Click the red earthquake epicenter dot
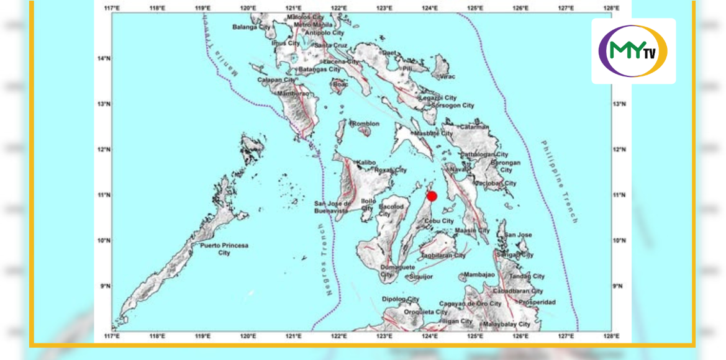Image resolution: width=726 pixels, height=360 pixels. [x=432, y=196]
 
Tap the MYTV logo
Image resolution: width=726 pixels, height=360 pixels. [x=633, y=51]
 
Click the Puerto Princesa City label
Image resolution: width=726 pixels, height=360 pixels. [x=224, y=249]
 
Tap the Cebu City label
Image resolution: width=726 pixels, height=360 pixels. [x=439, y=221]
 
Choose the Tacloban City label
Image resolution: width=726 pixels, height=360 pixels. [x=496, y=184]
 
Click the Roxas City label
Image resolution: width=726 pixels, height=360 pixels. [x=391, y=170]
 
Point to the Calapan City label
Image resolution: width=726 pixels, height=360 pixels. [x=277, y=80]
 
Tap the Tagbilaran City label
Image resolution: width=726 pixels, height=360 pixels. [x=443, y=256]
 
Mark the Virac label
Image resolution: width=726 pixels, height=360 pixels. [x=447, y=76]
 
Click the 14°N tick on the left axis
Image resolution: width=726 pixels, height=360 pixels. [x=104, y=58]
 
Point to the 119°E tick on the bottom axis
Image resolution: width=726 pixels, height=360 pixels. [x=202, y=336]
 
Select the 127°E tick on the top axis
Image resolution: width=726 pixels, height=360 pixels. [x=566, y=8]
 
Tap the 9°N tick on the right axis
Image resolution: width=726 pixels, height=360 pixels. [x=619, y=286]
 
